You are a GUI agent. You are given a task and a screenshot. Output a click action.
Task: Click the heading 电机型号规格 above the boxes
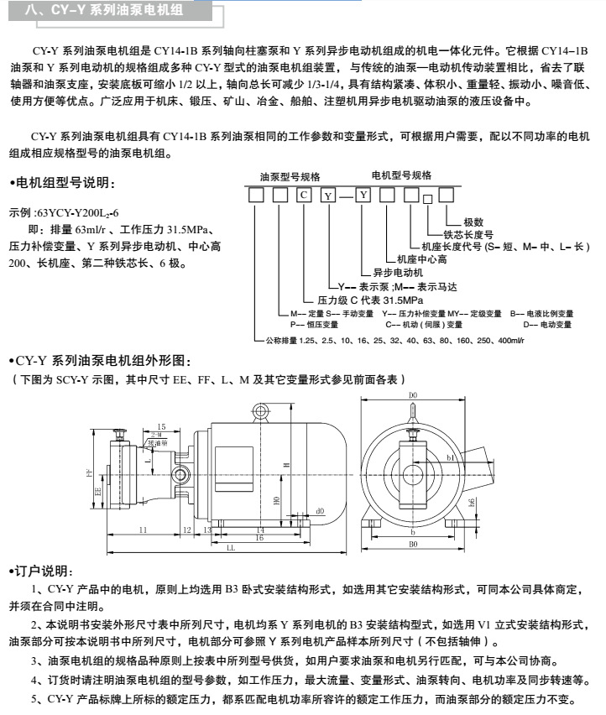coord(401,175)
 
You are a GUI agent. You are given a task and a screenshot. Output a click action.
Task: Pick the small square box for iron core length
coord(427,200)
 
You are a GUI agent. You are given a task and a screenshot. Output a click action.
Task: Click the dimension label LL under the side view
coord(230,547)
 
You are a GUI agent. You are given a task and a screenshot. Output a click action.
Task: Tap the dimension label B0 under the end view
coord(413,543)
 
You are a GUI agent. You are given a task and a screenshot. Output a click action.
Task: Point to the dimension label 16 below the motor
coord(259,537)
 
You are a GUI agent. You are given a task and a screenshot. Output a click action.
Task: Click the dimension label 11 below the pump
coord(143,530)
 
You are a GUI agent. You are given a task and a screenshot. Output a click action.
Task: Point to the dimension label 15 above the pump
coord(162,427)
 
